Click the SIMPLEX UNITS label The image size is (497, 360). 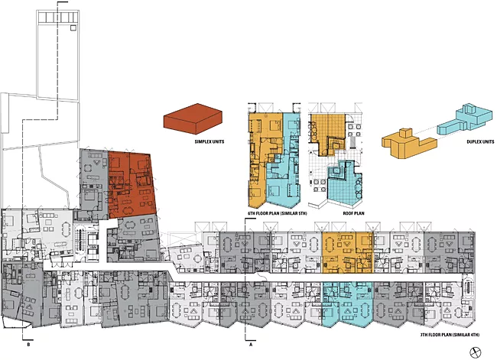coord(210,141)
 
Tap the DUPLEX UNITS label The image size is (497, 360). coord(480,141)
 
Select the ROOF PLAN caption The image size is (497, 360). coord(353,213)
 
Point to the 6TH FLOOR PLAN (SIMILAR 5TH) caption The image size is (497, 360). coord(277,213)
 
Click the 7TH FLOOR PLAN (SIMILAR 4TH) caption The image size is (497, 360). coord(450,335)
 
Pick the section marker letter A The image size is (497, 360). coord(251,345)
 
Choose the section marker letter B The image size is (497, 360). coord(28,345)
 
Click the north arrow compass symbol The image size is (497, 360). coord(475,352)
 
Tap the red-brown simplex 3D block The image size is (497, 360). coord(193,118)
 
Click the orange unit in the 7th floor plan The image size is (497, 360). coord(347,252)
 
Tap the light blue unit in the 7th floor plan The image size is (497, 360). coord(347,303)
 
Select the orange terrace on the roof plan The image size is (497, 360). coord(328,133)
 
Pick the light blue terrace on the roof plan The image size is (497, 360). coord(344,187)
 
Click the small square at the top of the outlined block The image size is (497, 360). coord(73,28)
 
